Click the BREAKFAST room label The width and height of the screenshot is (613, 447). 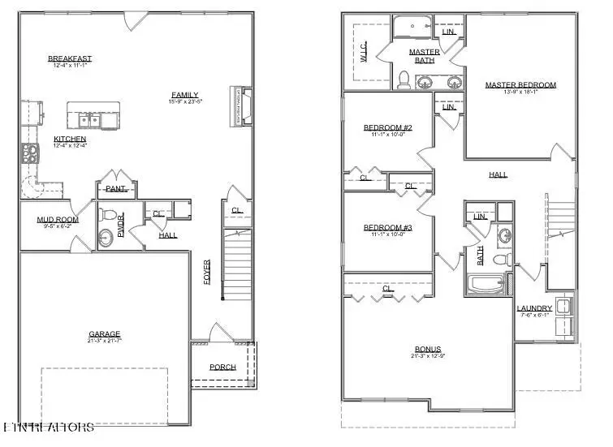70,58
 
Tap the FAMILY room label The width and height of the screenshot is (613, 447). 184,94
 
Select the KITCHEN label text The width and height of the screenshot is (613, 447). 70,139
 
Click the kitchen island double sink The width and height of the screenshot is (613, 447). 90,121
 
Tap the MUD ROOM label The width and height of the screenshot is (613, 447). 57,220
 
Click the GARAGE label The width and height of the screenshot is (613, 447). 105,333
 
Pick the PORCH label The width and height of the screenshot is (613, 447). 222,367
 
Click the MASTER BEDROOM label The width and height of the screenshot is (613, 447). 520,85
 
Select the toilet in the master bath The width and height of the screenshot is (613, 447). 404,79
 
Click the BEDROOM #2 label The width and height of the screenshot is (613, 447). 387,127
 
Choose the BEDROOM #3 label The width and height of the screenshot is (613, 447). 387,228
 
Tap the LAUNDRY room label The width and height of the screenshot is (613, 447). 534,308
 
